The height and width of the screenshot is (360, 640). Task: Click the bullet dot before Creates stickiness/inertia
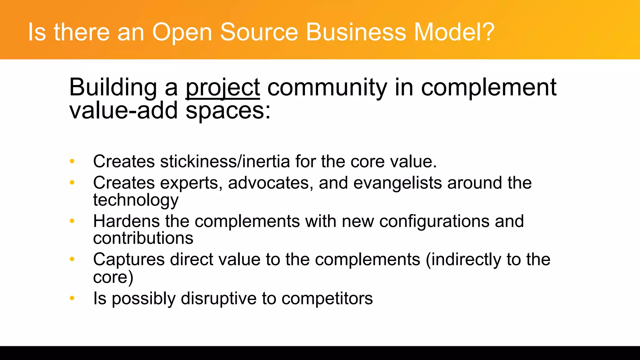point(72,161)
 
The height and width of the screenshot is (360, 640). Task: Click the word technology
point(136,200)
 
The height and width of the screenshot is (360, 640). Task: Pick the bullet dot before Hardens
point(72,221)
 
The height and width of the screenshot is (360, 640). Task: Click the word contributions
point(143,238)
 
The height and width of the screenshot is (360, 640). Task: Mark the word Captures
point(129,260)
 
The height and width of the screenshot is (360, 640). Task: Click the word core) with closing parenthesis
point(113,277)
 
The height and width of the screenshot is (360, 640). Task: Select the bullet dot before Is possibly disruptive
point(72,298)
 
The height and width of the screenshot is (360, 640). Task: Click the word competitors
point(327,299)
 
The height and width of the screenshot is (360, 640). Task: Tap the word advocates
point(268,183)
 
